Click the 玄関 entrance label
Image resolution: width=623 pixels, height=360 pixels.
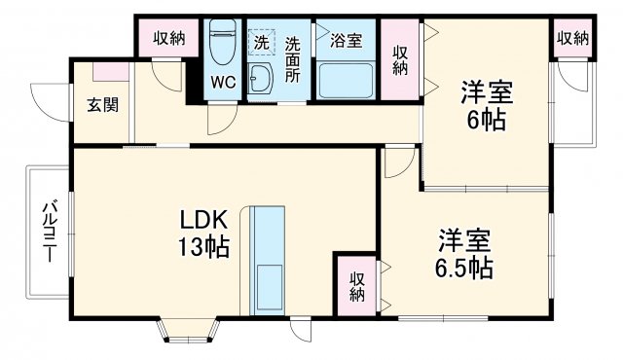(102, 104)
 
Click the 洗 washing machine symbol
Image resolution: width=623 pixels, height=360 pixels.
(261, 43)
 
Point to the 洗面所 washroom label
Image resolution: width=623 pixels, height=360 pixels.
(293, 57)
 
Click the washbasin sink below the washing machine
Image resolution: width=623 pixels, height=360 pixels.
(261, 81)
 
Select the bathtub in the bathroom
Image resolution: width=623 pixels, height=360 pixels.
(347, 80)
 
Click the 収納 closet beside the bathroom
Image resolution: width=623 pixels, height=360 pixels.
(400, 59)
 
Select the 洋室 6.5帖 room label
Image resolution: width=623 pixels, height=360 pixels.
(463, 253)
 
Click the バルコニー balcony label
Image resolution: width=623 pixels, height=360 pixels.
(46, 231)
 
